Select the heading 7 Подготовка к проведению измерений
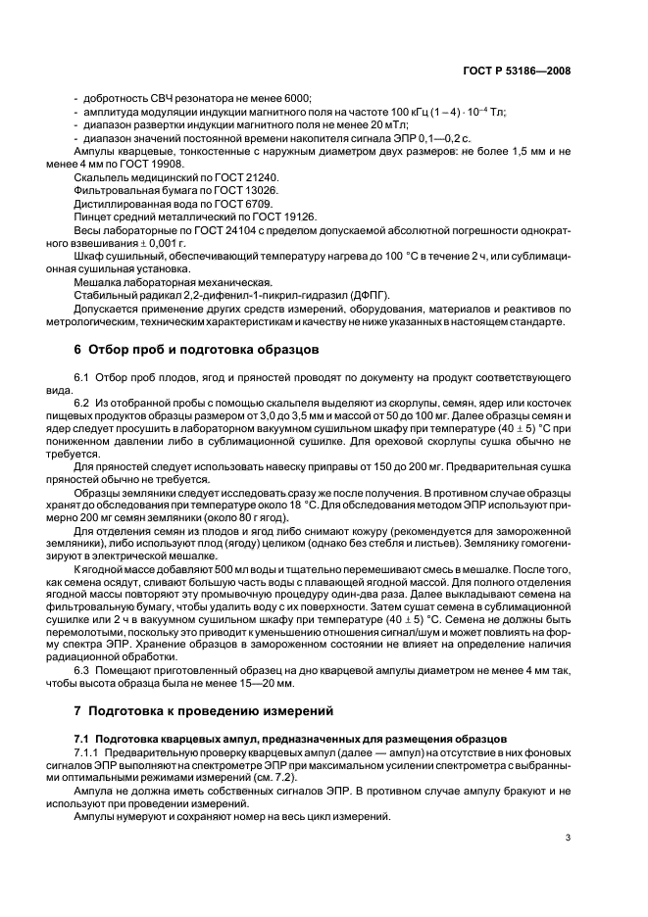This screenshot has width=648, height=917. tap(205, 709)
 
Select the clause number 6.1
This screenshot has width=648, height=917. tap(82, 377)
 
